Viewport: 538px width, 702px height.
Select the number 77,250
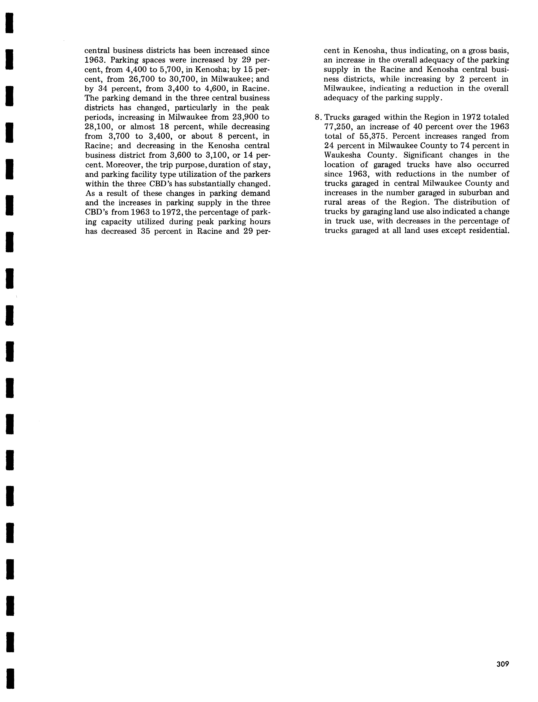338,127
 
